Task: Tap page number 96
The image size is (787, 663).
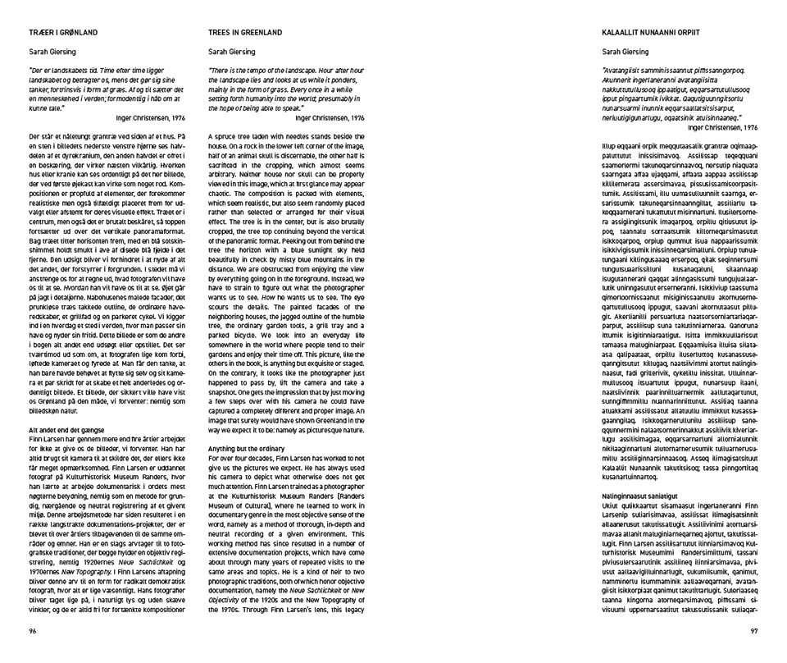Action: click(33, 630)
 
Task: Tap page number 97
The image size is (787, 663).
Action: click(754, 630)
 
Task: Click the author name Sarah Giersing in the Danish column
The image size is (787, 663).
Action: click(52, 51)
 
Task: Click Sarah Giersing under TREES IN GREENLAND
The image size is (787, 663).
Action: click(232, 51)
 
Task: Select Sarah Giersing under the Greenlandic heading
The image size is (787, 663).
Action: click(626, 51)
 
